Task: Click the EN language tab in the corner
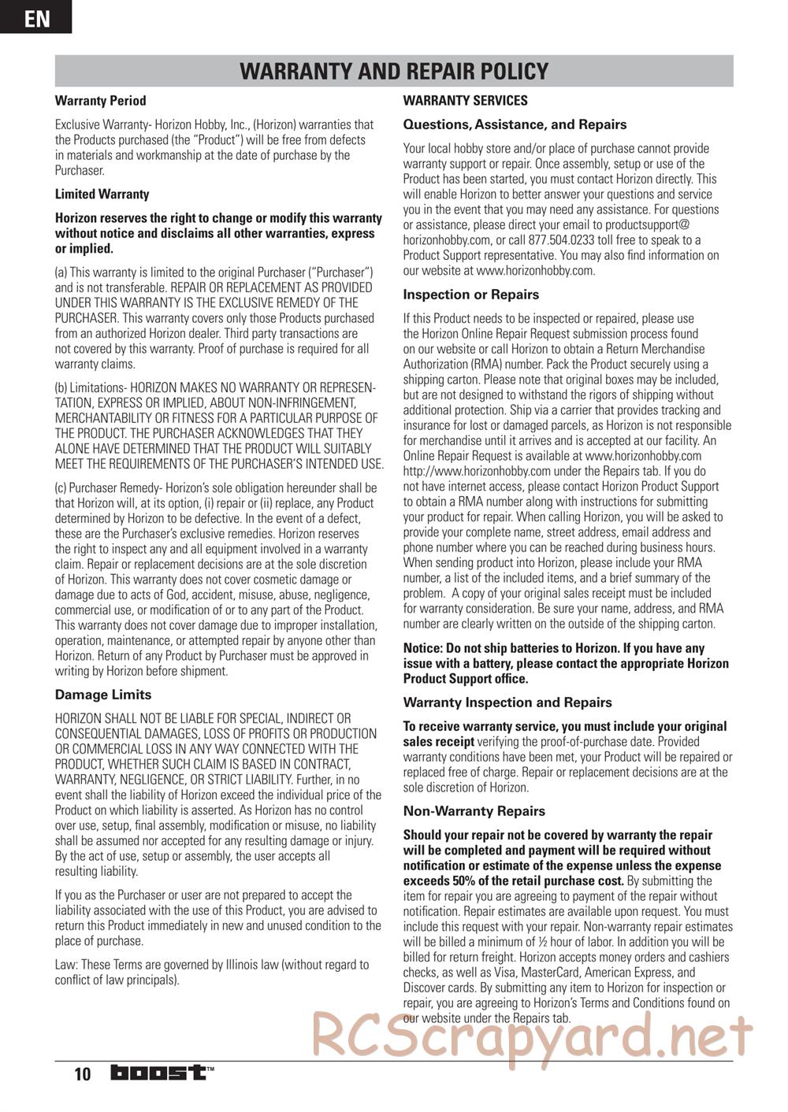coord(35,17)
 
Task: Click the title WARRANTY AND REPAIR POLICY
coord(393,71)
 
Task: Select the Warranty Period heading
coord(100,101)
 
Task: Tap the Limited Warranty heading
coord(102,194)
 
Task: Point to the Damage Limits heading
coord(102,695)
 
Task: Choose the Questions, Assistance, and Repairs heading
coord(515,124)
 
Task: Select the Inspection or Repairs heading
coord(470,295)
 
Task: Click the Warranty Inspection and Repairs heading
coord(507,702)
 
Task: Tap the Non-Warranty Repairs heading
coord(474,811)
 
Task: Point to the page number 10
coord(83,1074)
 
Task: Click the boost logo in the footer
coord(162,1073)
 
